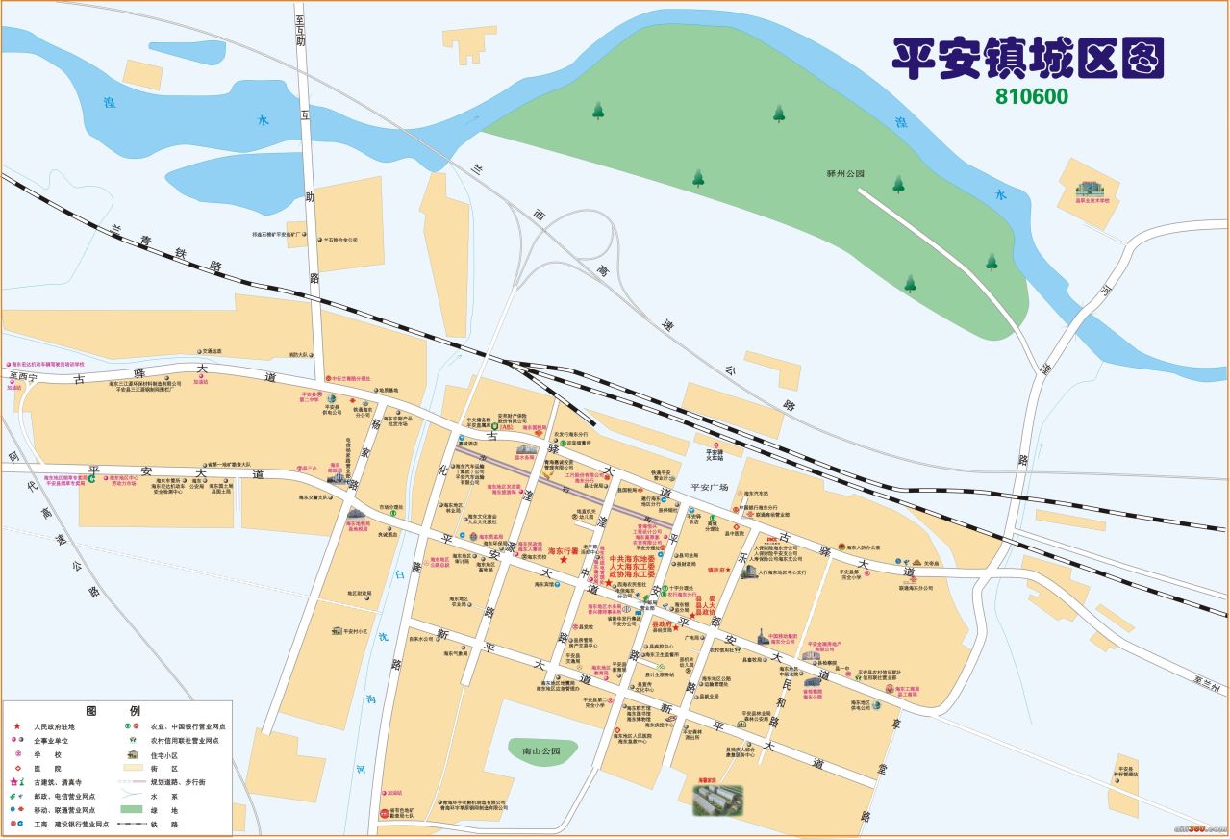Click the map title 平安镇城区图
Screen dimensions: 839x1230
(1028, 60)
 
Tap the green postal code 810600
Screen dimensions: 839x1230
(1032, 97)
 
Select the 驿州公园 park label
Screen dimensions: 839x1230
(846, 174)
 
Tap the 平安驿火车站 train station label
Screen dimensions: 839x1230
(714, 455)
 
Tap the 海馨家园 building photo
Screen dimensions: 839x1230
(717, 799)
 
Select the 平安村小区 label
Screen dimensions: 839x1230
(349, 632)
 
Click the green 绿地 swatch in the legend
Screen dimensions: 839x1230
(134, 810)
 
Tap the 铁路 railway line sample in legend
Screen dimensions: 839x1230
(134, 825)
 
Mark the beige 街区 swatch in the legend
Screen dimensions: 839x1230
(134, 769)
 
